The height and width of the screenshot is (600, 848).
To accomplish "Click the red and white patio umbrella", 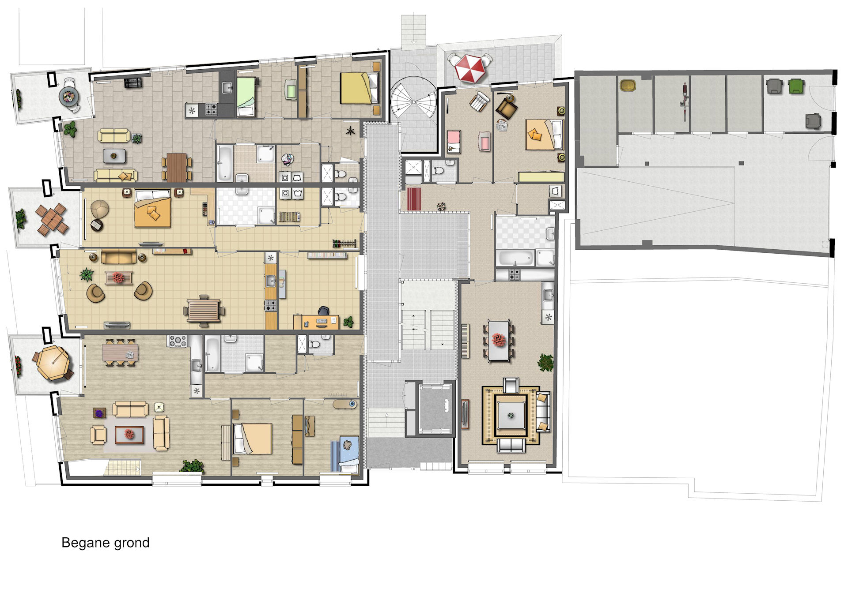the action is pos(469,68).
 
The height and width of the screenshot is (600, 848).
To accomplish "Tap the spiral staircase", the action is pos(413,101).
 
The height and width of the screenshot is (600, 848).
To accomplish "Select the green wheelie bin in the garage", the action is pos(796,86).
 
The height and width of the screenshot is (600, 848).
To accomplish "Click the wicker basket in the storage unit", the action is pos(627,85).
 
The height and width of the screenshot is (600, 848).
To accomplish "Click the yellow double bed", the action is pos(360,88).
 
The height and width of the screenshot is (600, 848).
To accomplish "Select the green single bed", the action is pos(246,96).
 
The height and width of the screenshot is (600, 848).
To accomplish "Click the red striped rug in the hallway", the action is pos(414,199).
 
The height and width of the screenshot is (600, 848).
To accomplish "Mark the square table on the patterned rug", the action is pos(511,415).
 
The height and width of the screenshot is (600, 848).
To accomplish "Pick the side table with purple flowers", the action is pos(98,413).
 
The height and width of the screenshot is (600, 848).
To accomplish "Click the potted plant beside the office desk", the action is pos(348,322).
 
